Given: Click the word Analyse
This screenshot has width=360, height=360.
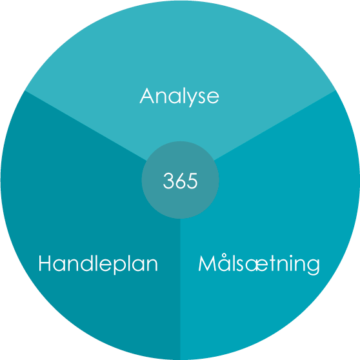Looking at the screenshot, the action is coord(179,97).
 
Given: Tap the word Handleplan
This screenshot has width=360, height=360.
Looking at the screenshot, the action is coord(98,265).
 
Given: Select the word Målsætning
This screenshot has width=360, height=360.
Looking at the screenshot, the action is coord(259,265).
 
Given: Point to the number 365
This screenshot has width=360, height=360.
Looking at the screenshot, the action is coord(180,181).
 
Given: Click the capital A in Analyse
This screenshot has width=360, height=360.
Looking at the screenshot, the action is coord(146,95).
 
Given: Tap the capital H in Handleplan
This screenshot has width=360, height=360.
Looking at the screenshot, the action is coord(45,263).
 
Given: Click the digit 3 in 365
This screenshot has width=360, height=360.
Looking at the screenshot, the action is coord(168,181).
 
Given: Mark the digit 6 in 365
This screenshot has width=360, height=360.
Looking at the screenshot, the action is coord(180,181).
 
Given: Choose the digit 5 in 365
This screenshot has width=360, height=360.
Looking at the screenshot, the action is coord(193,181).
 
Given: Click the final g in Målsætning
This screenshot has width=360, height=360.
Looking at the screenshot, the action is coord(313,268).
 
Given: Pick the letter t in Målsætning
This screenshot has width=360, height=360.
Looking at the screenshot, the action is coord(274,264).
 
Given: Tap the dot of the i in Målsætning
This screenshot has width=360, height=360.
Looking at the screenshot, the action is coord(291,256).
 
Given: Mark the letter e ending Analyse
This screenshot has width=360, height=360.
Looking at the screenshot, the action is coord(213,98).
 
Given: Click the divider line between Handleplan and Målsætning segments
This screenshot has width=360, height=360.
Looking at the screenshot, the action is coord(180,289).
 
